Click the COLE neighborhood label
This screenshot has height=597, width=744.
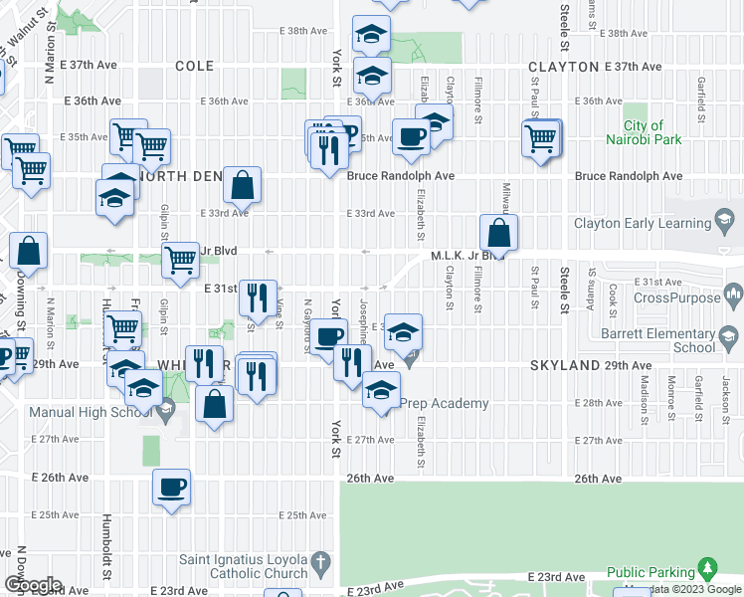(x=194, y=67)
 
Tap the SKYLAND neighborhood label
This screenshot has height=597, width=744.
(x=564, y=366)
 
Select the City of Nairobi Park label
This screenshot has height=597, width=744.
(x=643, y=133)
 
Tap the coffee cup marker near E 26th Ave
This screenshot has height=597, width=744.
(x=172, y=487)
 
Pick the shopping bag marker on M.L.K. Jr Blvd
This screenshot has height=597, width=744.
(x=498, y=234)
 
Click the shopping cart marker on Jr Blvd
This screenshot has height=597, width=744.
(x=180, y=260)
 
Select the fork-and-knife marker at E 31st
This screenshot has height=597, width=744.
(x=258, y=295)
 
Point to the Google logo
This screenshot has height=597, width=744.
(x=33, y=585)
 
